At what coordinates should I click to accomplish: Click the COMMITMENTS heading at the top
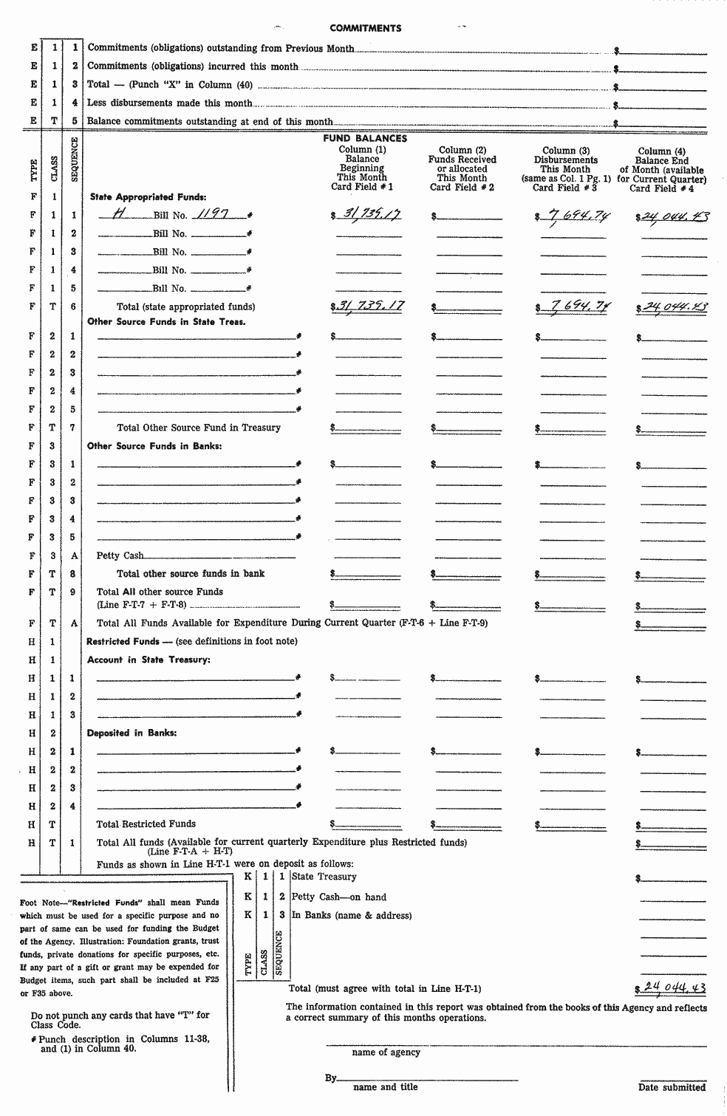(x=365, y=28)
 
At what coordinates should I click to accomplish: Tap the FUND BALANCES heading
(x=365, y=138)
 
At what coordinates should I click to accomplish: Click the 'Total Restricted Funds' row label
(x=146, y=824)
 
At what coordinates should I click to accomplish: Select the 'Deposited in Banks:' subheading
(x=132, y=733)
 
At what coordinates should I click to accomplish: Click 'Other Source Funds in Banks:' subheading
(x=154, y=446)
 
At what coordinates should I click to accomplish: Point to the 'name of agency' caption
(x=386, y=1052)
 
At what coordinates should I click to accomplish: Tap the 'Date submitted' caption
(x=672, y=1087)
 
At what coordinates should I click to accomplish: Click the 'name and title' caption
(x=385, y=1087)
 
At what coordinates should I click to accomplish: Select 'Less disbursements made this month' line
(x=170, y=103)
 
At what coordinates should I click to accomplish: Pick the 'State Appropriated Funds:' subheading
(x=148, y=197)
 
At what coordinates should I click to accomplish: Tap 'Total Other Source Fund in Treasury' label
(x=199, y=428)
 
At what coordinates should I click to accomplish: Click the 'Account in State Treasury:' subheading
(x=149, y=660)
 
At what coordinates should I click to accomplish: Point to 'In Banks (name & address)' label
(x=351, y=915)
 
